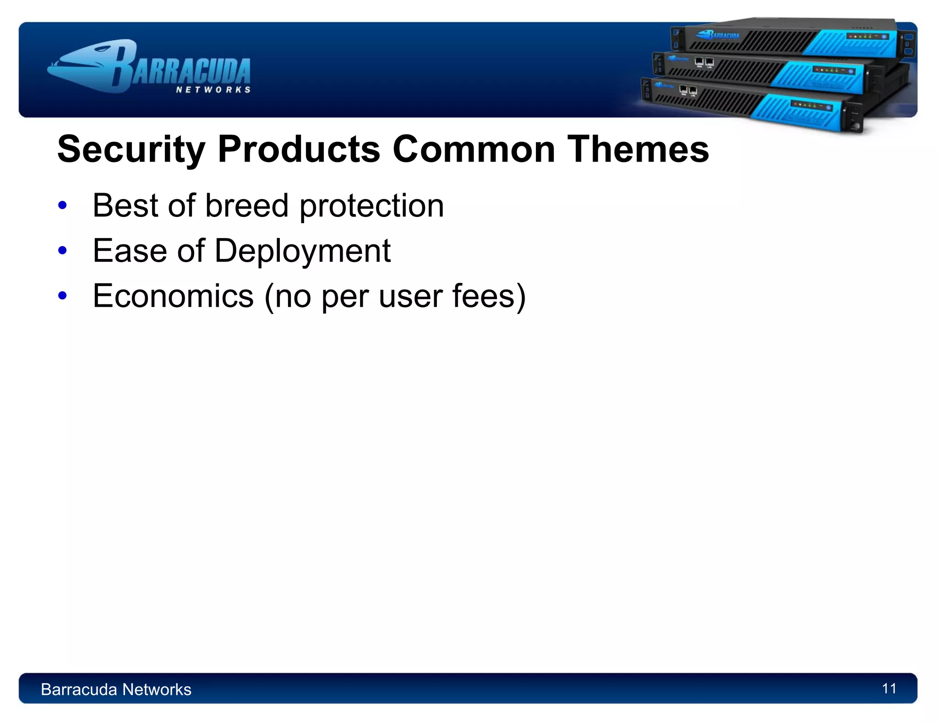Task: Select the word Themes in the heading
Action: (x=638, y=150)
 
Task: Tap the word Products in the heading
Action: (x=299, y=150)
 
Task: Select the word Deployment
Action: (x=302, y=251)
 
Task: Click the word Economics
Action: (x=173, y=296)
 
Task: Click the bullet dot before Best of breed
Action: (x=63, y=205)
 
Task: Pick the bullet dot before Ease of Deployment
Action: (x=63, y=250)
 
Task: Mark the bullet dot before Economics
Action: (x=63, y=296)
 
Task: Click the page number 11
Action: (x=889, y=688)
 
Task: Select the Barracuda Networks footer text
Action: (x=116, y=689)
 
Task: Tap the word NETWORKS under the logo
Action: (x=213, y=90)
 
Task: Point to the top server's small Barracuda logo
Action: (x=717, y=35)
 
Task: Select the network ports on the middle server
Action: (x=704, y=62)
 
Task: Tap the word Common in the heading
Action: (x=474, y=150)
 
